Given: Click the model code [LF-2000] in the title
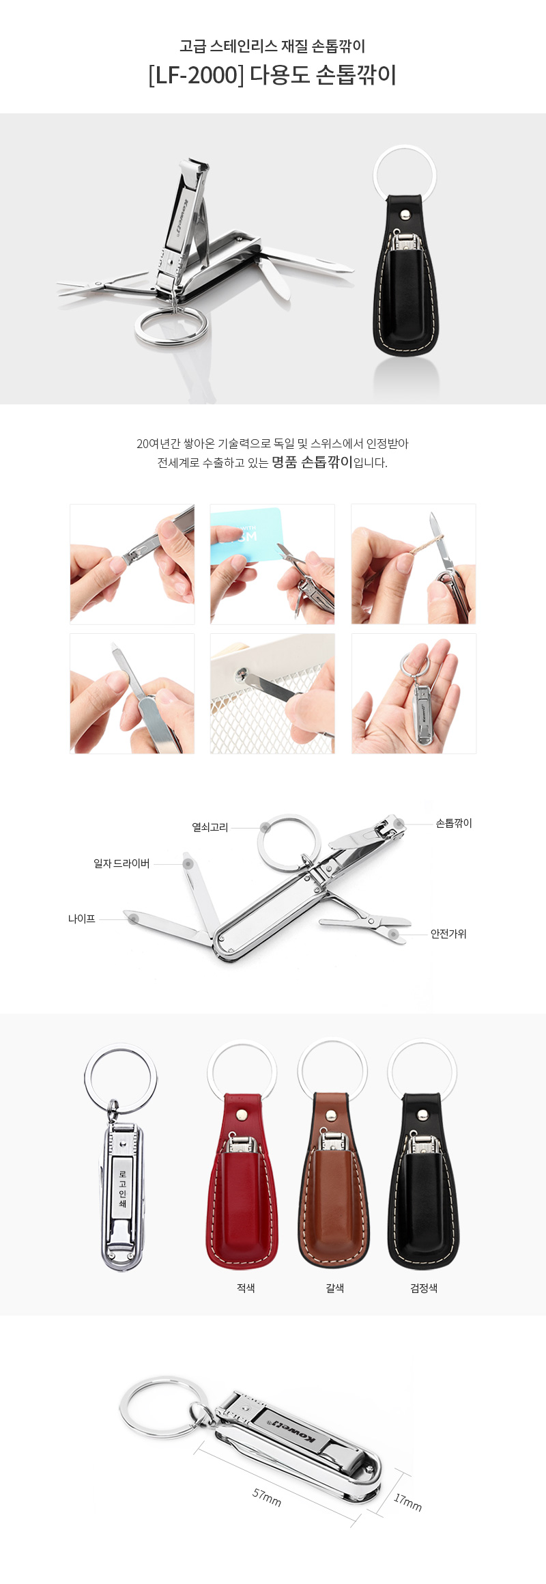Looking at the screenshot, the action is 196,75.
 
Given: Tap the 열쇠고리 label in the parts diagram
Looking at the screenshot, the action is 210,827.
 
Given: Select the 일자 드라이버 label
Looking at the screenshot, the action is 121,863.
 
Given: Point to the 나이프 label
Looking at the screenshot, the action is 81,919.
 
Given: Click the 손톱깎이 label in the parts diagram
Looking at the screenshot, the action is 454,823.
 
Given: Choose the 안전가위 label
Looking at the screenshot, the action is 448,934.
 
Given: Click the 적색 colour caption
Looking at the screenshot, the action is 246,1288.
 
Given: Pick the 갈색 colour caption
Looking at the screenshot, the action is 334,1288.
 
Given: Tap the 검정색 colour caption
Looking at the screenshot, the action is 423,1288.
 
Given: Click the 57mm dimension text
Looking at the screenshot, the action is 267,1497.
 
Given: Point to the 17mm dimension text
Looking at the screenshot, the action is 408,1501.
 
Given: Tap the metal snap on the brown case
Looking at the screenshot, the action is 332,1115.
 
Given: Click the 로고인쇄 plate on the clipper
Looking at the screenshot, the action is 122,1189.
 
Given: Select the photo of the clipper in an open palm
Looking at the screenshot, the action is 414,693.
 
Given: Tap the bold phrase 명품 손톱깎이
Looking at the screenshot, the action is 312,462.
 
